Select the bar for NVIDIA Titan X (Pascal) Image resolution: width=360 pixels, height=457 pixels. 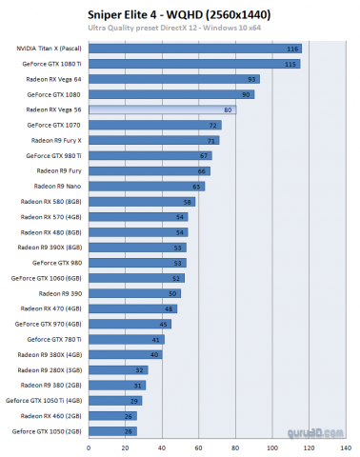[194, 49]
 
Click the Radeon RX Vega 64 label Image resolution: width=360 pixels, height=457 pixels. [52, 79]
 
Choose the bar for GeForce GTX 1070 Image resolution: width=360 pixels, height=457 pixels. [155, 126]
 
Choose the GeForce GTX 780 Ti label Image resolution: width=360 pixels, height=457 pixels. [53, 339]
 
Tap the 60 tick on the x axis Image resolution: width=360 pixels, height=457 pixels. [197, 447]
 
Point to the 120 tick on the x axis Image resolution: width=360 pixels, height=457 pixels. [308, 447]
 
